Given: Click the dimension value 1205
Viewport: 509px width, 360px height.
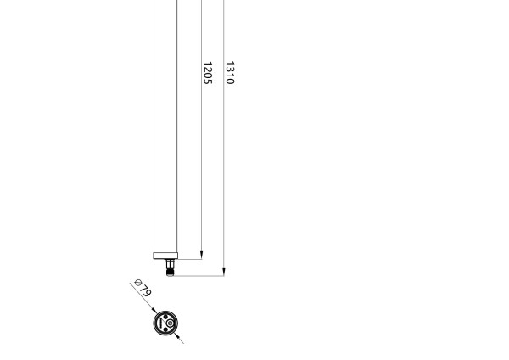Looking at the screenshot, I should click(207, 73).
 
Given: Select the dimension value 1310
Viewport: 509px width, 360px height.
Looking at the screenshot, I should click(229, 73).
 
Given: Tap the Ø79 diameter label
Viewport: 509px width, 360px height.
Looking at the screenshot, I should click(143, 289).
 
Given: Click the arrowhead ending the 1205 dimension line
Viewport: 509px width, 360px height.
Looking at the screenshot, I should click(202, 254).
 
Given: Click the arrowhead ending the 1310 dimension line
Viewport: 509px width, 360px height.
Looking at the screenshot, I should click(224, 271).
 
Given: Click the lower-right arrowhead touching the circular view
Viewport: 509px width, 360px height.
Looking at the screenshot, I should click(176, 335).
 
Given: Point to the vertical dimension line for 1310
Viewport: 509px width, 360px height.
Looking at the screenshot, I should click(224, 170).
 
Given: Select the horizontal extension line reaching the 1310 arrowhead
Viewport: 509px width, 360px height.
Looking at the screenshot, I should click(199, 275).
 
